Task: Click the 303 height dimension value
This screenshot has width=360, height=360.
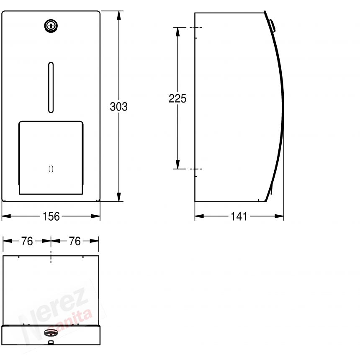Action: [x=118, y=107]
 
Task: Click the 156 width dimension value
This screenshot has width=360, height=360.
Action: [x=51, y=216]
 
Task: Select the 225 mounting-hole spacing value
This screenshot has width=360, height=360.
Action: [x=177, y=98]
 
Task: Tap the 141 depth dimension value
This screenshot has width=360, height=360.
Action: [x=239, y=216]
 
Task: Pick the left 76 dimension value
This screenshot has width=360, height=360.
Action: [x=27, y=241]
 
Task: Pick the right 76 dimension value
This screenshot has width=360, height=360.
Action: [x=75, y=241]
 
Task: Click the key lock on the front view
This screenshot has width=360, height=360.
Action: [x=51, y=26]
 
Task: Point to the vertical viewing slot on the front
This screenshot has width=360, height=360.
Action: [x=51, y=87]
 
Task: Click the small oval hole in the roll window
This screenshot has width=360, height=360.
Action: [x=51, y=169]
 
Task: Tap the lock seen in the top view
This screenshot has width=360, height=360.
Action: [x=51, y=332]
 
